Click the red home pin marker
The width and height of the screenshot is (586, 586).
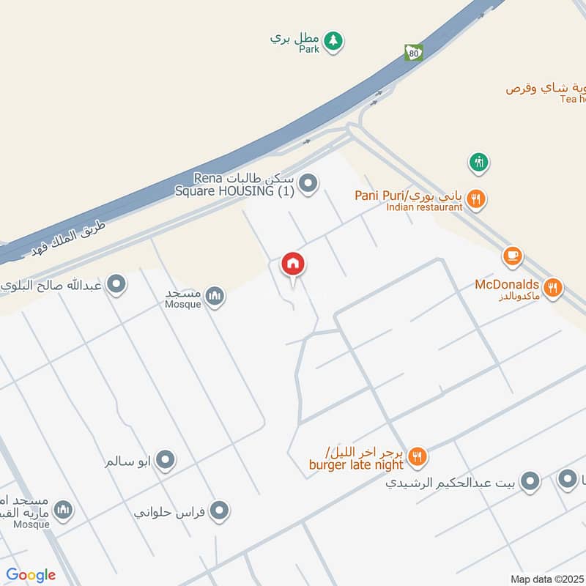click(294, 264)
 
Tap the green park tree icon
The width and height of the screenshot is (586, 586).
click(333, 41)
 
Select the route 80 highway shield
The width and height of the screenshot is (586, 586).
click(413, 53)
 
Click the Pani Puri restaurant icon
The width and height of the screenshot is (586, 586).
click(476, 198)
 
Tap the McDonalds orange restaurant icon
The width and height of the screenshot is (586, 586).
click(554, 287)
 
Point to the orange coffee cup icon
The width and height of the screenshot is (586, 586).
click(512, 256)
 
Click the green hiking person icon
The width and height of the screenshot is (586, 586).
click(479, 161)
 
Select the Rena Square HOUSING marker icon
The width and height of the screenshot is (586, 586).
click(309, 184)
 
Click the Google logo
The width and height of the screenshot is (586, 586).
click(30, 575)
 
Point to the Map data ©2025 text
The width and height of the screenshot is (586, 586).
click(546, 579)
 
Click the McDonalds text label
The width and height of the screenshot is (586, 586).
click(507, 284)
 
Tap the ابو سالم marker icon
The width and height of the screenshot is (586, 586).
click(166, 461)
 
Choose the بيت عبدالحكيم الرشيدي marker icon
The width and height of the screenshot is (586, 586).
click(530, 481)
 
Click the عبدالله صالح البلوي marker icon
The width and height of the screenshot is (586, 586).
click(116, 284)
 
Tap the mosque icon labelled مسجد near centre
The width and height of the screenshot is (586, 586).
click(215, 296)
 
